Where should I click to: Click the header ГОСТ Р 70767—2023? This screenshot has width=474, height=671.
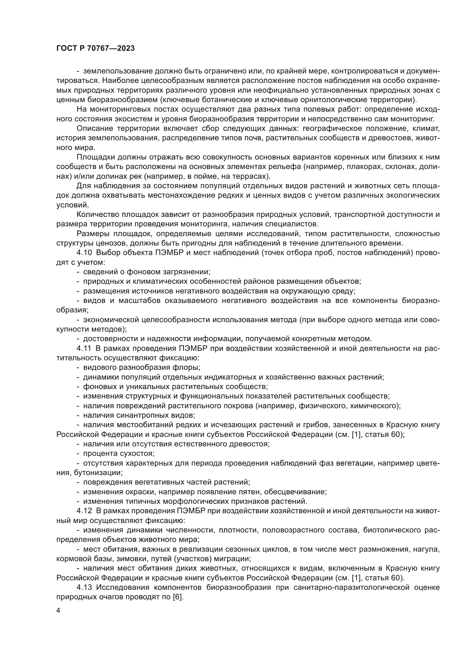(95, 48)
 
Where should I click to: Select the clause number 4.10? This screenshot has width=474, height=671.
(85, 253)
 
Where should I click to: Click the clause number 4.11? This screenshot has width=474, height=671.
(84, 348)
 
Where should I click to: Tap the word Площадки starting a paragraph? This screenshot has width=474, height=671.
(95, 157)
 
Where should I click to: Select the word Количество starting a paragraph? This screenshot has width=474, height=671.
(98, 215)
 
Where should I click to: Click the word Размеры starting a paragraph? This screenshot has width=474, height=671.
(93, 234)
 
